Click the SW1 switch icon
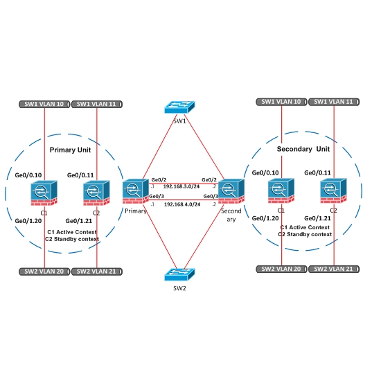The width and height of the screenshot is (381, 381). (179, 107)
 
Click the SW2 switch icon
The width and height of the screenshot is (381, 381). (179, 274)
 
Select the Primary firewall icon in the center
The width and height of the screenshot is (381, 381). (136, 191)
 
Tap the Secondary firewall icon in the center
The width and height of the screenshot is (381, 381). (231, 191)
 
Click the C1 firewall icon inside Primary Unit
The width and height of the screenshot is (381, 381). (44, 193)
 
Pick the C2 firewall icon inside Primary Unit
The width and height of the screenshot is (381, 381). (96, 193)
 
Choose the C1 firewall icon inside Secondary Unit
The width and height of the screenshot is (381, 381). (281, 190)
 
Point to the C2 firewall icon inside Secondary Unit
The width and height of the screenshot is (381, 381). (334, 190)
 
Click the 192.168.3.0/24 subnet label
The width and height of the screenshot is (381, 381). (181, 186)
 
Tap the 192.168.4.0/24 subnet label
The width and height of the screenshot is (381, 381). (182, 204)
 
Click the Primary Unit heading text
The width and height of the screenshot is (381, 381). (70, 150)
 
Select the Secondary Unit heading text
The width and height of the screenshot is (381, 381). (303, 149)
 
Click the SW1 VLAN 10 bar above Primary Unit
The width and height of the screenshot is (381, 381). (44, 104)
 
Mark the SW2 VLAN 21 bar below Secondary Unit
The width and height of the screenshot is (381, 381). (334, 269)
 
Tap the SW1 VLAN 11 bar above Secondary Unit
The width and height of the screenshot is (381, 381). (334, 102)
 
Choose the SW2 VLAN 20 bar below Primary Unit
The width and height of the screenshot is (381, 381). (44, 272)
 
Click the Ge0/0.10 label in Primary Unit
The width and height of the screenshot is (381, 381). (28, 175)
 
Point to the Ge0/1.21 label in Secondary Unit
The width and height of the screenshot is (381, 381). (317, 218)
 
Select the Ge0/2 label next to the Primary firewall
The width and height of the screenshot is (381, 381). (159, 180)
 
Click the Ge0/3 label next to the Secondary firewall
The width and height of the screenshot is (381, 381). (211, 196)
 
